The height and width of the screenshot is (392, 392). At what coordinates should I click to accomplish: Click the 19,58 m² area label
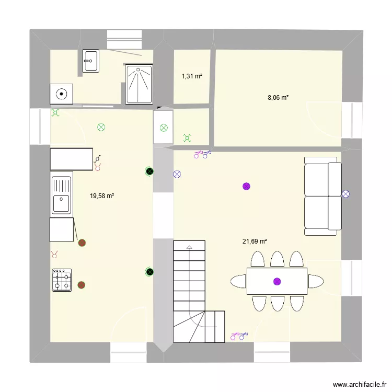tap(102, 196)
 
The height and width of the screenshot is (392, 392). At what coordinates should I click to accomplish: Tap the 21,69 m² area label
tap(255, 241)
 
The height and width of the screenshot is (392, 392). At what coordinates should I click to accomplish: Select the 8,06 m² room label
tap(278, 97)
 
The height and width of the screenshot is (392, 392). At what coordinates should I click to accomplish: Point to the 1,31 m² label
tap(192, 76)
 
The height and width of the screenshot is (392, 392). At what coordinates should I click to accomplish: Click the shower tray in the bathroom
tap(140, 84)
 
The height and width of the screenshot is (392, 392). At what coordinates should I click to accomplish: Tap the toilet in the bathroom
tap(62, 94)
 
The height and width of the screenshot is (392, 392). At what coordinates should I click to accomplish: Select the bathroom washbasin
tap(90, 61)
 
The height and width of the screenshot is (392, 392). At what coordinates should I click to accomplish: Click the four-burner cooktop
tap(62, 280)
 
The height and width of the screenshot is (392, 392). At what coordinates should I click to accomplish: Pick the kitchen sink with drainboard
tap(61, 195)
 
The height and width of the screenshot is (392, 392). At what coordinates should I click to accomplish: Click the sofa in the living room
tap(323, 196)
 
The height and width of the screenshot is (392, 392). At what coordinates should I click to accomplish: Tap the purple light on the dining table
tap(277, 281)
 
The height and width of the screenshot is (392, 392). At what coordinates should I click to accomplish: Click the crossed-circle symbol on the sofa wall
tap(345, 194)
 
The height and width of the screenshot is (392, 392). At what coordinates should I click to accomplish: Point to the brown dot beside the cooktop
tap(82, 285)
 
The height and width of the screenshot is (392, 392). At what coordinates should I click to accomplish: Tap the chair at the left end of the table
tap(238, 281)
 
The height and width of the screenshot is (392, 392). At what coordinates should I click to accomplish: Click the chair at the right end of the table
tap(316, 281)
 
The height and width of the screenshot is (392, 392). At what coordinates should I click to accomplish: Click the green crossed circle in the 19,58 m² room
tap(101, 127)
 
